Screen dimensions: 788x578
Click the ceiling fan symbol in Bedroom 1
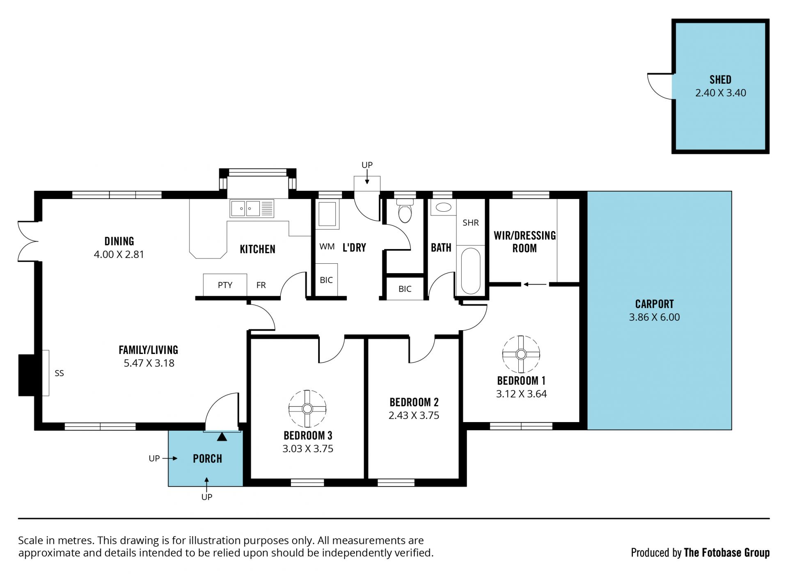(x=521, y=354)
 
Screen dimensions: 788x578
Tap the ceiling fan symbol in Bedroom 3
(x=307, y=409)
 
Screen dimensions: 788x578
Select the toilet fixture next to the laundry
(x=405, y=211)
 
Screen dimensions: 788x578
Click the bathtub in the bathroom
(x=470, y=271)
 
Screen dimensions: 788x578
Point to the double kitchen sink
(x=252, y=208)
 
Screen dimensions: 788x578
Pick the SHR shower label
(x=471, y=223)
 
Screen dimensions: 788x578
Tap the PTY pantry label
(x=225, y=285)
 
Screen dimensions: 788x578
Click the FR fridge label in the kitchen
(x=261, y=285)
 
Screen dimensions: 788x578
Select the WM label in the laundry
(x=327, y=247)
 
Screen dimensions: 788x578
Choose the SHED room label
(x=720, y=79)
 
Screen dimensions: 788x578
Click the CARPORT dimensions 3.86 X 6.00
(x=654, y=317)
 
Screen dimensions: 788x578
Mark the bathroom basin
(x=443, y=207)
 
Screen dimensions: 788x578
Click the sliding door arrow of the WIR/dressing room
(x=535, y=284)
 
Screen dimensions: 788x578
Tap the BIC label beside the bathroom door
(x=405, y=289)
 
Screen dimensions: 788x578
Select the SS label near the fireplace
(x=59, y=373)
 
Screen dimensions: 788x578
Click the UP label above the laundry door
(x=367, y=165)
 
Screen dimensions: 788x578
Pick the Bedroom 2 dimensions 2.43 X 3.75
(x=414, y=416)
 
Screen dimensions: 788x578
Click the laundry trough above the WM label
(x=328, y=214)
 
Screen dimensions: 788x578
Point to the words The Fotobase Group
(x=726, y=553)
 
